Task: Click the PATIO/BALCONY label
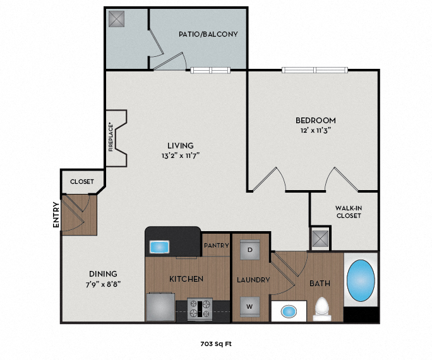click(x=208, y=34)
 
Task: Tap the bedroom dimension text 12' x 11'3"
click(x=315, y=129)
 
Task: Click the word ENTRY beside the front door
click(x=56, y=215)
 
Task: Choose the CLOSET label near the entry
click(x=82, y=182)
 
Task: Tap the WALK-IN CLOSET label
click(x=348, y=212)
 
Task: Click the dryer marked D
click(x=249, y=250)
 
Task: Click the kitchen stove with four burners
click(x=200, y=309)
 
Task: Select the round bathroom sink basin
click(x=289, y=311)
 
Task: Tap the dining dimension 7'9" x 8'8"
click(x=103, y=284)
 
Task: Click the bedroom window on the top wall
click(x=315, y=69)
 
